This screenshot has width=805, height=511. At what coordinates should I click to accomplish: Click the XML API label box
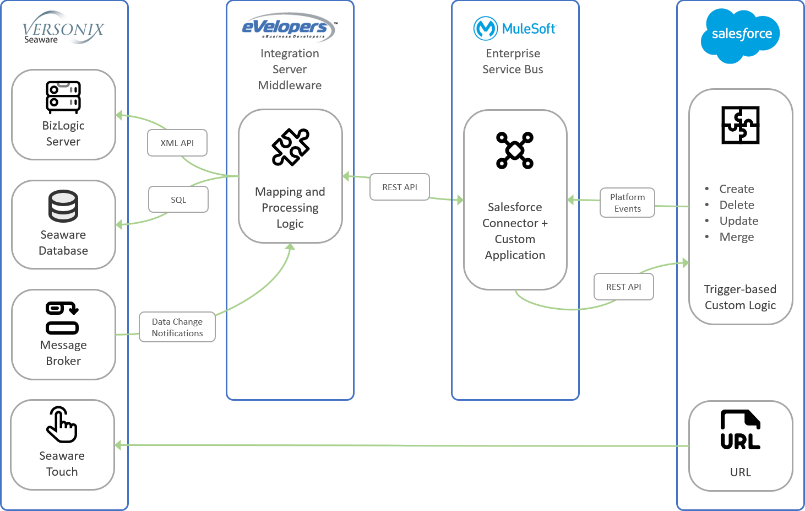point(177,143)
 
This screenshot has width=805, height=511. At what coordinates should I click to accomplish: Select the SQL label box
point(178,200)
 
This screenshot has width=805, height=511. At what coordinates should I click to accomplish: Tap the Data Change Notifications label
point(177,327)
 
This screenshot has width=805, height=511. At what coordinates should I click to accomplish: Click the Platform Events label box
point(627,203)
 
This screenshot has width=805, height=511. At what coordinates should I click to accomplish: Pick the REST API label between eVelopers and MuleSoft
point(400,187)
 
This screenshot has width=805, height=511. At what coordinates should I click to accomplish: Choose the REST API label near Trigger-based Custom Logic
point(623,287)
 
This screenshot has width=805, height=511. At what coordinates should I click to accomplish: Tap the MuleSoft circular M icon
point(485,28)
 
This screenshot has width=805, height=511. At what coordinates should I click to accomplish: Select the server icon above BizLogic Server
point(63,97)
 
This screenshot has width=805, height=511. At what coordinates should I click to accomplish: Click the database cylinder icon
point(63,206)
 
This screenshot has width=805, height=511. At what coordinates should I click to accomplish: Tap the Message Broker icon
point(62,318)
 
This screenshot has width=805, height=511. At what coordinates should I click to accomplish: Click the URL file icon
point(740,430)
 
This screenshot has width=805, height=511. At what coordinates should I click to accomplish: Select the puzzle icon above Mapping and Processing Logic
point(291,147)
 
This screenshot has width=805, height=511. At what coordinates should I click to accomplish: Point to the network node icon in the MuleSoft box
point(515,150)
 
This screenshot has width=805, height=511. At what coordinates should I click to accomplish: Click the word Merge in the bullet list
point(736,237)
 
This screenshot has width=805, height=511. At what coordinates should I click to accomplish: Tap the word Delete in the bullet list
point(736,205)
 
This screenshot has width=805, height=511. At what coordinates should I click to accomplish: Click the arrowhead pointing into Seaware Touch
point(118,445)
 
